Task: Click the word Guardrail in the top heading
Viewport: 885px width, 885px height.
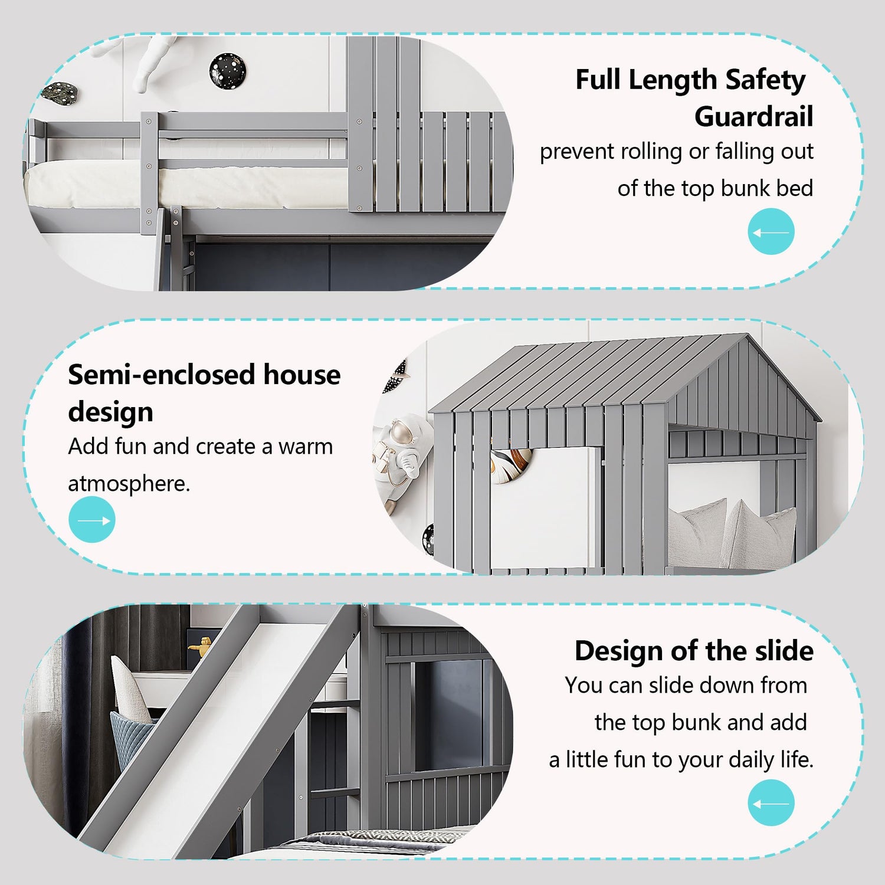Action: point(753,116)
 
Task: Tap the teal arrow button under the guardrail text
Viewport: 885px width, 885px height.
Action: point(771,231)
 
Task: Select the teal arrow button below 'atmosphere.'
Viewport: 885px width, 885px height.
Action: point(92,519)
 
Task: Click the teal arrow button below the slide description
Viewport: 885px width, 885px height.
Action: point(771,802)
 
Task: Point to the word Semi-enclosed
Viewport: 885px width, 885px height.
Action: point(162,375)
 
